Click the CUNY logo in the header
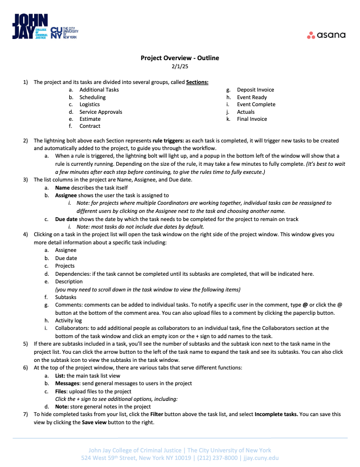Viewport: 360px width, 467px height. pos(64,33)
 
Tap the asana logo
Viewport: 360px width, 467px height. pos(326,35)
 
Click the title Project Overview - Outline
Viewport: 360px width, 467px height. pos(180,58)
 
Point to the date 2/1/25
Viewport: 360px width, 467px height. pos(180,67)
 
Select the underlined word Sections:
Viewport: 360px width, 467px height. pos(197,82)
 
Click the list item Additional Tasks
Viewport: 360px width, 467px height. pos(99,90)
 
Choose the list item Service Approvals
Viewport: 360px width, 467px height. pos(101,112)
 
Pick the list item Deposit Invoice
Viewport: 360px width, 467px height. pos(256,90)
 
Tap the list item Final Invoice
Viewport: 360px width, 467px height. pos(252,119)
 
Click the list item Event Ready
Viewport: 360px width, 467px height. pos(252,98)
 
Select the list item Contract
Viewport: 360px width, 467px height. pos(90,126)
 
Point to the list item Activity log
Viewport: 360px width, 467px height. pos(68,321)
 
